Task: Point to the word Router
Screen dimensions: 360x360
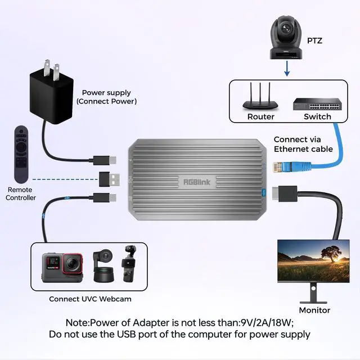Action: pos(261,116)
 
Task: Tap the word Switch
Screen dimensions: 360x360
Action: pos(317,116)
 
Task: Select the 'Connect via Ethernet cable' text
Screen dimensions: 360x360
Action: pos(303,144)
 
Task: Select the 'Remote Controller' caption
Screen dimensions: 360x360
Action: pos(21,193)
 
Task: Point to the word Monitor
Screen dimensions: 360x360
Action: pos(314,310)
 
